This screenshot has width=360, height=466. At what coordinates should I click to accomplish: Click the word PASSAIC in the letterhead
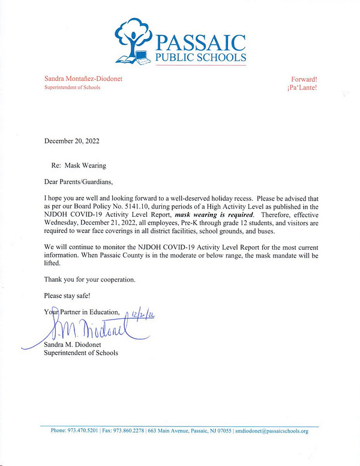200,43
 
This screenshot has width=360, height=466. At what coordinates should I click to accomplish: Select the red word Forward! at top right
304,79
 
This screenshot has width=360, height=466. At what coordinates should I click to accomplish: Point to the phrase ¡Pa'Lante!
302,88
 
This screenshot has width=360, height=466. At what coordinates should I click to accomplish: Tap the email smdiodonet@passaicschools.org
272,431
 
